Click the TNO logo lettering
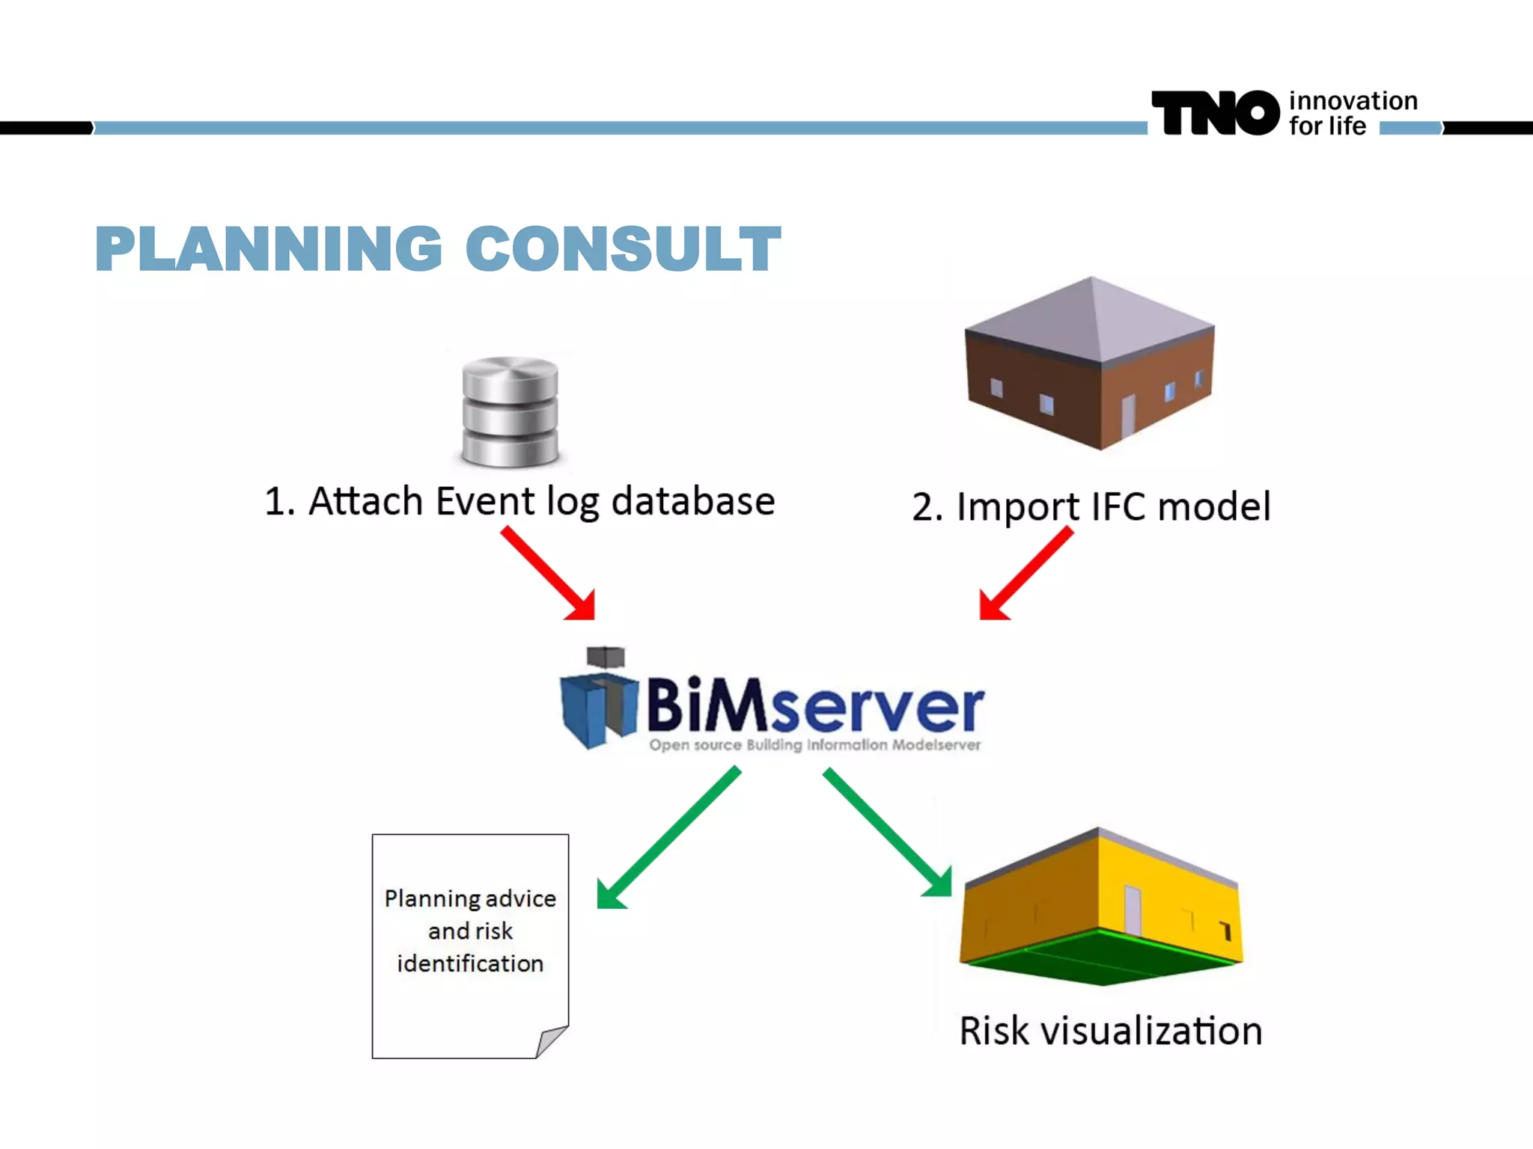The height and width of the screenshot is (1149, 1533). (x=1214, y=114)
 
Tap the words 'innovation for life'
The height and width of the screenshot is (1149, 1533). (x=1352, y=113)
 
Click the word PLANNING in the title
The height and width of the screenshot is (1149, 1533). (x=269, y=249)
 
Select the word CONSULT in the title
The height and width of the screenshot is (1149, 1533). (x=623, y=249)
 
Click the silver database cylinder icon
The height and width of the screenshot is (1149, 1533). (x=510, y=412)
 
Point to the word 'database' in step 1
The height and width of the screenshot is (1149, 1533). (x=692, y=501)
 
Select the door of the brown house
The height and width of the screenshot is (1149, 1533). (x=1127, y=416)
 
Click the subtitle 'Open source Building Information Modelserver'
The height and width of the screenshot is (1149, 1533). (x=814, y=745)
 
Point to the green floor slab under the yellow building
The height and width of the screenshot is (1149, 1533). (x=1100, y=957)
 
